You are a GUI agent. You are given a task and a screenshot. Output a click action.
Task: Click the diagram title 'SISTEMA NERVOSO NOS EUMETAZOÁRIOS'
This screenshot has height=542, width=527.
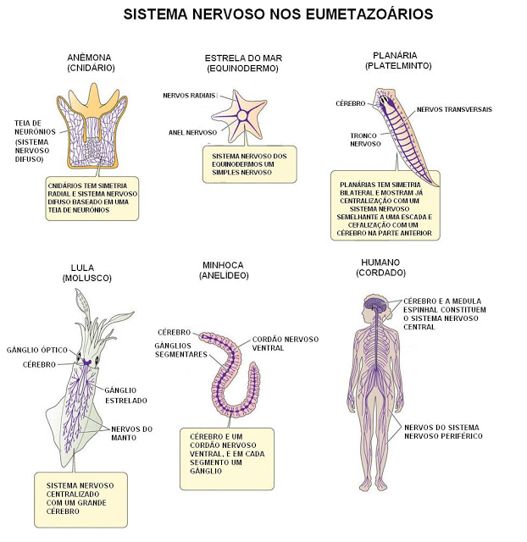[278, 14]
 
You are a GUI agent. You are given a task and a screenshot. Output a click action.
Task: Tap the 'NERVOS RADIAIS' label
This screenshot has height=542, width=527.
[189, 96]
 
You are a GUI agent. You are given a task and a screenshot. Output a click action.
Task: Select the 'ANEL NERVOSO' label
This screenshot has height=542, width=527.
[192, 132]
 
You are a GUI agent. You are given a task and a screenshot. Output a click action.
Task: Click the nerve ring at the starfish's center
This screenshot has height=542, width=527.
[242, 115]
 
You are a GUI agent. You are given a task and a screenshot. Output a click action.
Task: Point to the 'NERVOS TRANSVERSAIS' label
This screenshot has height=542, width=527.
[454, 109]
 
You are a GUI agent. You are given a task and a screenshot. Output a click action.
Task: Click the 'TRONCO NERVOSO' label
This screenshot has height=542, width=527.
[365, 140]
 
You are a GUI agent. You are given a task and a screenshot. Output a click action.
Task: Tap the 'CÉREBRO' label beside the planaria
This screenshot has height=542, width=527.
[350, 103]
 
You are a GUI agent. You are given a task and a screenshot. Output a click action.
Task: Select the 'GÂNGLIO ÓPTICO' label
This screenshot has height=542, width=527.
[37, 350]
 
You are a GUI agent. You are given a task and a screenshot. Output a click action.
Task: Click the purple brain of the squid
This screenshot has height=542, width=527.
[86, 362]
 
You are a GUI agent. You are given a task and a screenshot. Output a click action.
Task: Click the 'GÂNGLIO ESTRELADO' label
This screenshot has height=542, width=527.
[126, 395]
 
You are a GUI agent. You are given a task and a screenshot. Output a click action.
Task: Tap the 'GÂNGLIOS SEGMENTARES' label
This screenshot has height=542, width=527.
[180, 350]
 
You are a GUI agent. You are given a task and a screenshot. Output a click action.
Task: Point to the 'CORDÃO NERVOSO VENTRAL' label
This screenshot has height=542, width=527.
[286, 343]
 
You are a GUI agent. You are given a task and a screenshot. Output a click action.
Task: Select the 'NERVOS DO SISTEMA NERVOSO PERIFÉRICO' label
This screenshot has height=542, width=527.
[443, 432]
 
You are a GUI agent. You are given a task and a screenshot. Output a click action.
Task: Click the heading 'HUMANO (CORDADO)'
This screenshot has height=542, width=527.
[380, 268]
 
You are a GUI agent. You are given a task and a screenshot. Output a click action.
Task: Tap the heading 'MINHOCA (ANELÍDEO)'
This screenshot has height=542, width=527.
[224, 270]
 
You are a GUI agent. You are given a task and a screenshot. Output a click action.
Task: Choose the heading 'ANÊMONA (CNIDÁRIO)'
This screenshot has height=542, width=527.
[91, 62]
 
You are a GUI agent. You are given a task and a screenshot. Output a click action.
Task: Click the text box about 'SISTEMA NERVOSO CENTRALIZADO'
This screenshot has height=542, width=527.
[81, 500]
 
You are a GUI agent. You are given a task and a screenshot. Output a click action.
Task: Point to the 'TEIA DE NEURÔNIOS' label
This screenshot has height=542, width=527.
[35, 127]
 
